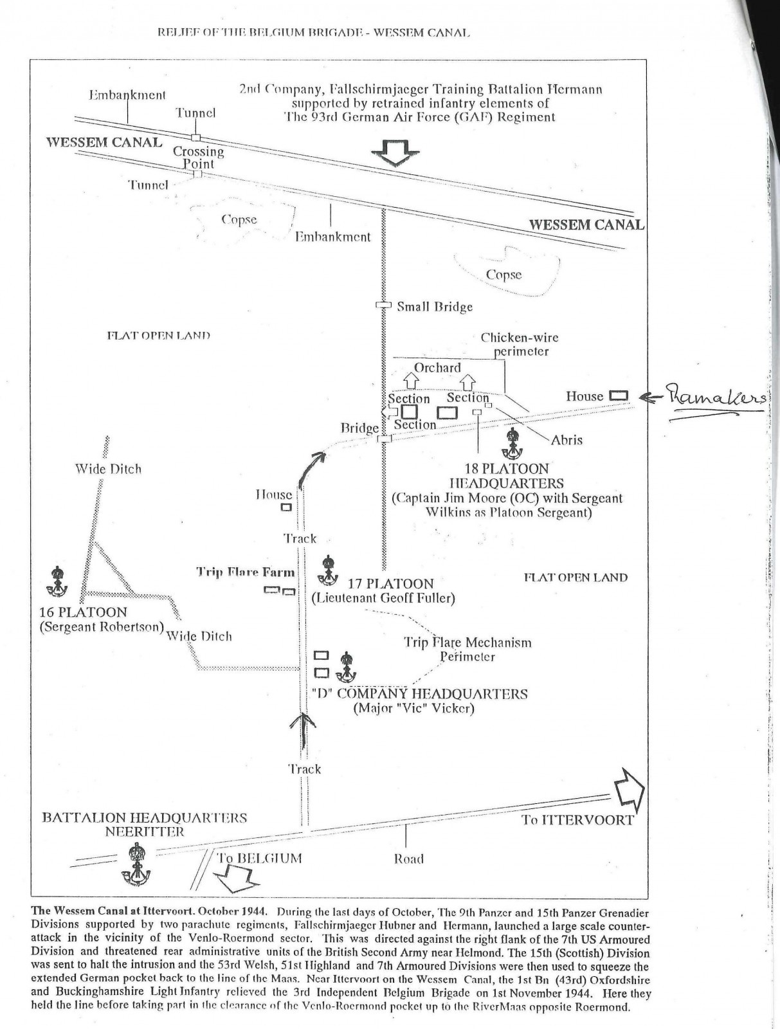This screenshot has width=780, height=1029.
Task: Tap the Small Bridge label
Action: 435,307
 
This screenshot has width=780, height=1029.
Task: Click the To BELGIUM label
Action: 259,858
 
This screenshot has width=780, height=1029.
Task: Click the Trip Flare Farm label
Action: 246,572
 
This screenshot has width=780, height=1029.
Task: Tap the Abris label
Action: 567,440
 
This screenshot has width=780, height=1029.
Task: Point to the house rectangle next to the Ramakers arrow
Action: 618,396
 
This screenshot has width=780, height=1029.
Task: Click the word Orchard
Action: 437,367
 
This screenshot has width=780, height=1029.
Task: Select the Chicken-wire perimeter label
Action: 520,344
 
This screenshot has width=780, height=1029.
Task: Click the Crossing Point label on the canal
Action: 198,158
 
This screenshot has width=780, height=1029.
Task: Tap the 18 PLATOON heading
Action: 506,469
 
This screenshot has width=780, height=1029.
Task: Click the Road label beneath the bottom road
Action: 408,859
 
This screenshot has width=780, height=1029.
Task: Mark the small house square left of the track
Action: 286,507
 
